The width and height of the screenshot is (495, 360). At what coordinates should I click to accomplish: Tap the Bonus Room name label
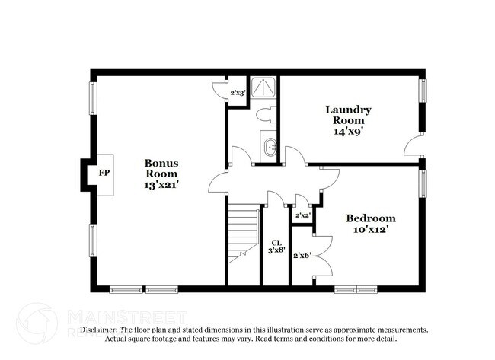click(x=161, y=167)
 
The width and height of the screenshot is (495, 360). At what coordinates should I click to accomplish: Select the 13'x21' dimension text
click(x=161, y=185)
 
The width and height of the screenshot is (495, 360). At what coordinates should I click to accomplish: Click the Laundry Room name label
click(x=347, y=114)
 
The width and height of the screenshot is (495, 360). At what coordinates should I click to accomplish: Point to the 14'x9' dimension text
click(x=347, y=131)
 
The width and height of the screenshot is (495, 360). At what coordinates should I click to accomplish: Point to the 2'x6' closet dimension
click(x=301, y=255)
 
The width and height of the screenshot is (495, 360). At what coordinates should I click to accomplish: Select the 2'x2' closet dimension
click(x=302, y=216)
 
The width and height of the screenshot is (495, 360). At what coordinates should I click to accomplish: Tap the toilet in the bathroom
click(x=265, y=116)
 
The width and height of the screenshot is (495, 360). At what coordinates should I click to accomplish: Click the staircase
click(x=243, y=228)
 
